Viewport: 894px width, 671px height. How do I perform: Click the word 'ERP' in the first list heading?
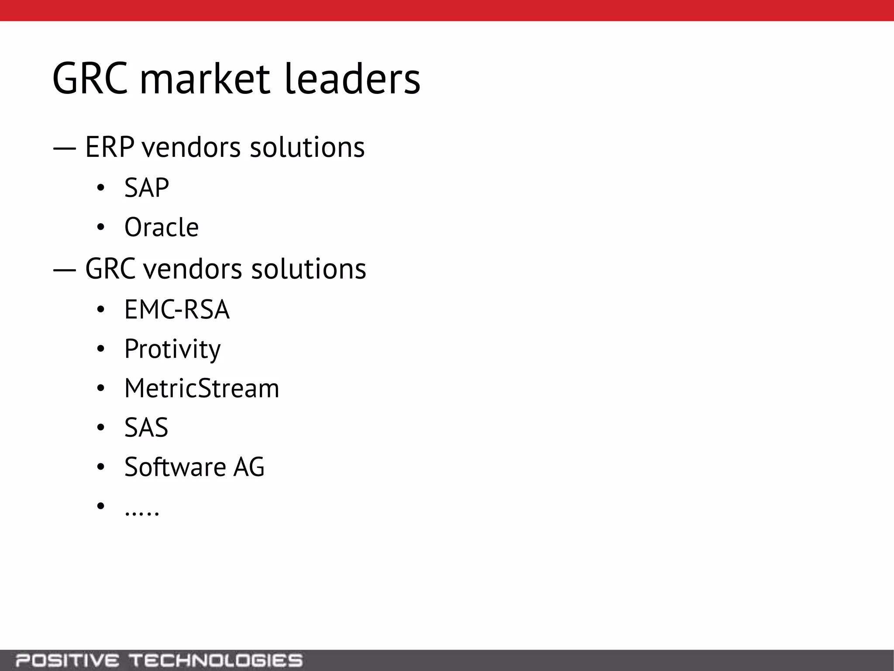point(110,147)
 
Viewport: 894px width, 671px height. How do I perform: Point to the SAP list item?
point(147,188)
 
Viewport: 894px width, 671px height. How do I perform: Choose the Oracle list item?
point(162,227)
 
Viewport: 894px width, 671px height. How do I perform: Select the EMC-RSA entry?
point(177,310)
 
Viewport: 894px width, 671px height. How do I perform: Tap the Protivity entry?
point(172,349)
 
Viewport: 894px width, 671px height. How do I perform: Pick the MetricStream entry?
point(202,388)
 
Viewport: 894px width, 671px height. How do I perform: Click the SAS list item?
point(146,428)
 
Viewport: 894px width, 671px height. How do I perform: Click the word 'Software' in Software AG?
point(175,467)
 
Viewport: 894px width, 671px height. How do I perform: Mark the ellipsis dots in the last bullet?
point(142,513)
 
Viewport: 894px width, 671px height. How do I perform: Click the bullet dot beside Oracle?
point(101,228)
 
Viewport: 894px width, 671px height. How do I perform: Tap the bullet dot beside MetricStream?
point(101,388)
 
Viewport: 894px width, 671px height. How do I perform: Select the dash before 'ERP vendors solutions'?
point(65,148)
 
